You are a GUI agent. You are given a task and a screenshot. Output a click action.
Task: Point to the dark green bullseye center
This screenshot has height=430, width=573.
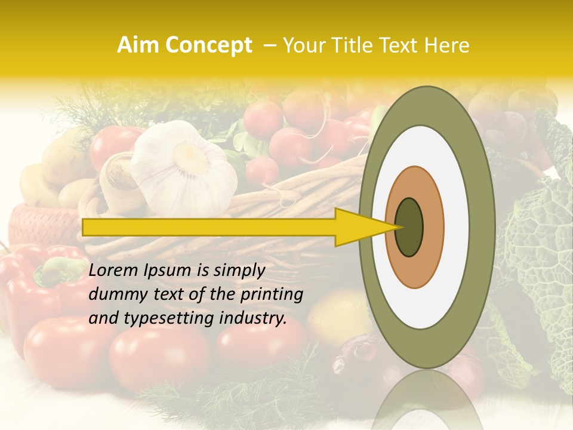(409, 227)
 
